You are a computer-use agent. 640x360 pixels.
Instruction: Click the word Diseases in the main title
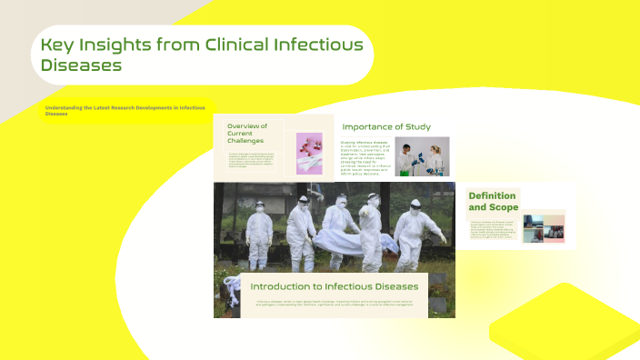82,65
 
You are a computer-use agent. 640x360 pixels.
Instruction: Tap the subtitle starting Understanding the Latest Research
125,110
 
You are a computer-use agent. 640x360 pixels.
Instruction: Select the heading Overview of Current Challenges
247,134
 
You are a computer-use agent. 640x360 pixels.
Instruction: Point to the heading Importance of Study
386,126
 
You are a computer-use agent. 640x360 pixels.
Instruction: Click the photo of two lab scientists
423,155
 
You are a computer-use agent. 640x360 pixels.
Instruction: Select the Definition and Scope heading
492,201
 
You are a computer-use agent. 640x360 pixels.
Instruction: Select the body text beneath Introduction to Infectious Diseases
334,303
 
